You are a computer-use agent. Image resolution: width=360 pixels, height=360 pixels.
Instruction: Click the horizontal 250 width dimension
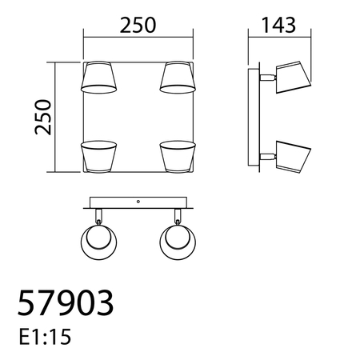tap(139, 26)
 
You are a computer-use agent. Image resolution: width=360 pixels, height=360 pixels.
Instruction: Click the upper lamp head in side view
tap(292, 75)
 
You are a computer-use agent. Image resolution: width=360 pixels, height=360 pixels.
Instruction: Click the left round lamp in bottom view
tap(101, 243)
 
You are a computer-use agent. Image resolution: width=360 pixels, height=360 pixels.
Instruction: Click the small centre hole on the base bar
tap(138, 202)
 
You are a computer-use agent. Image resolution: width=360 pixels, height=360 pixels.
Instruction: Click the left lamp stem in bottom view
tap(99, 215)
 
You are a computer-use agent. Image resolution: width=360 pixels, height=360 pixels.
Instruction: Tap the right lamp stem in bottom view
tap(177, 215)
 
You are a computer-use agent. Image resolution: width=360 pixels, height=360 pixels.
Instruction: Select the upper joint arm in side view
tap(266, 78)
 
